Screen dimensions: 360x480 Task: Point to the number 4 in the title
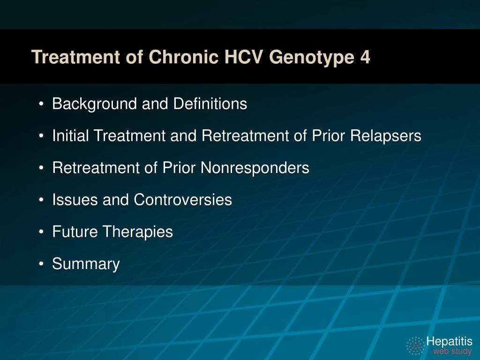[x=365, y=57]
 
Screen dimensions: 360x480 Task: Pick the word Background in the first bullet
[x=95, y=104]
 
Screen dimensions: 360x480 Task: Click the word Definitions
[x=210, y=104]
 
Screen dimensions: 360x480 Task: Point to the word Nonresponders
[x=255, y=168]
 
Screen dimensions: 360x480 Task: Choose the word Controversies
[x=183, y=200]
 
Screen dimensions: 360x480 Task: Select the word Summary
[x=86, y=264]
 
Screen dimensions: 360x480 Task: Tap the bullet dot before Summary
[x=42, y=264]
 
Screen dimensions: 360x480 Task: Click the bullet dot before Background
[x=42, y=104]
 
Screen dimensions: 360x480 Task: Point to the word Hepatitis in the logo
[x=449, y=341]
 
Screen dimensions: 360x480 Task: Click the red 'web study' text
[x=452, y=351]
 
